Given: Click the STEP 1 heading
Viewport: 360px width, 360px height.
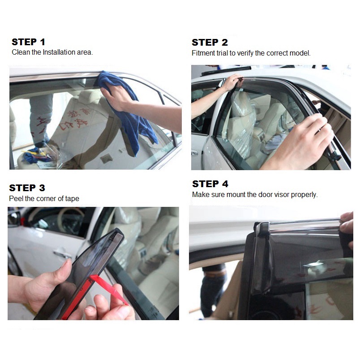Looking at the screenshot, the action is (28, 42).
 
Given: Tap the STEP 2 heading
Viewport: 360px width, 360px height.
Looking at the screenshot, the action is (210, 43).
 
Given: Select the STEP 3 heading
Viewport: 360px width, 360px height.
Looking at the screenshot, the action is (27, 188).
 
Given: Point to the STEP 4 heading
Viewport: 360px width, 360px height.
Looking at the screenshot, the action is (210, 184).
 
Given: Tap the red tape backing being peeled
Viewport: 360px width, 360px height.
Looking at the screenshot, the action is (109, 289).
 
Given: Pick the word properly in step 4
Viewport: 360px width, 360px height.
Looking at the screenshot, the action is (304, 195).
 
